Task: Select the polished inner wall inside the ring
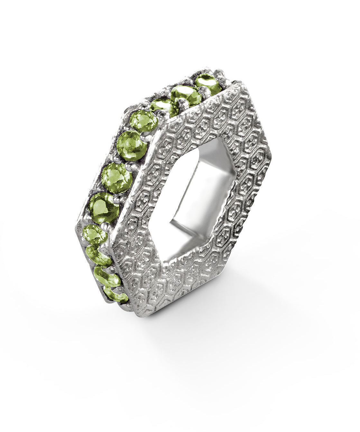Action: coord(209,180)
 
